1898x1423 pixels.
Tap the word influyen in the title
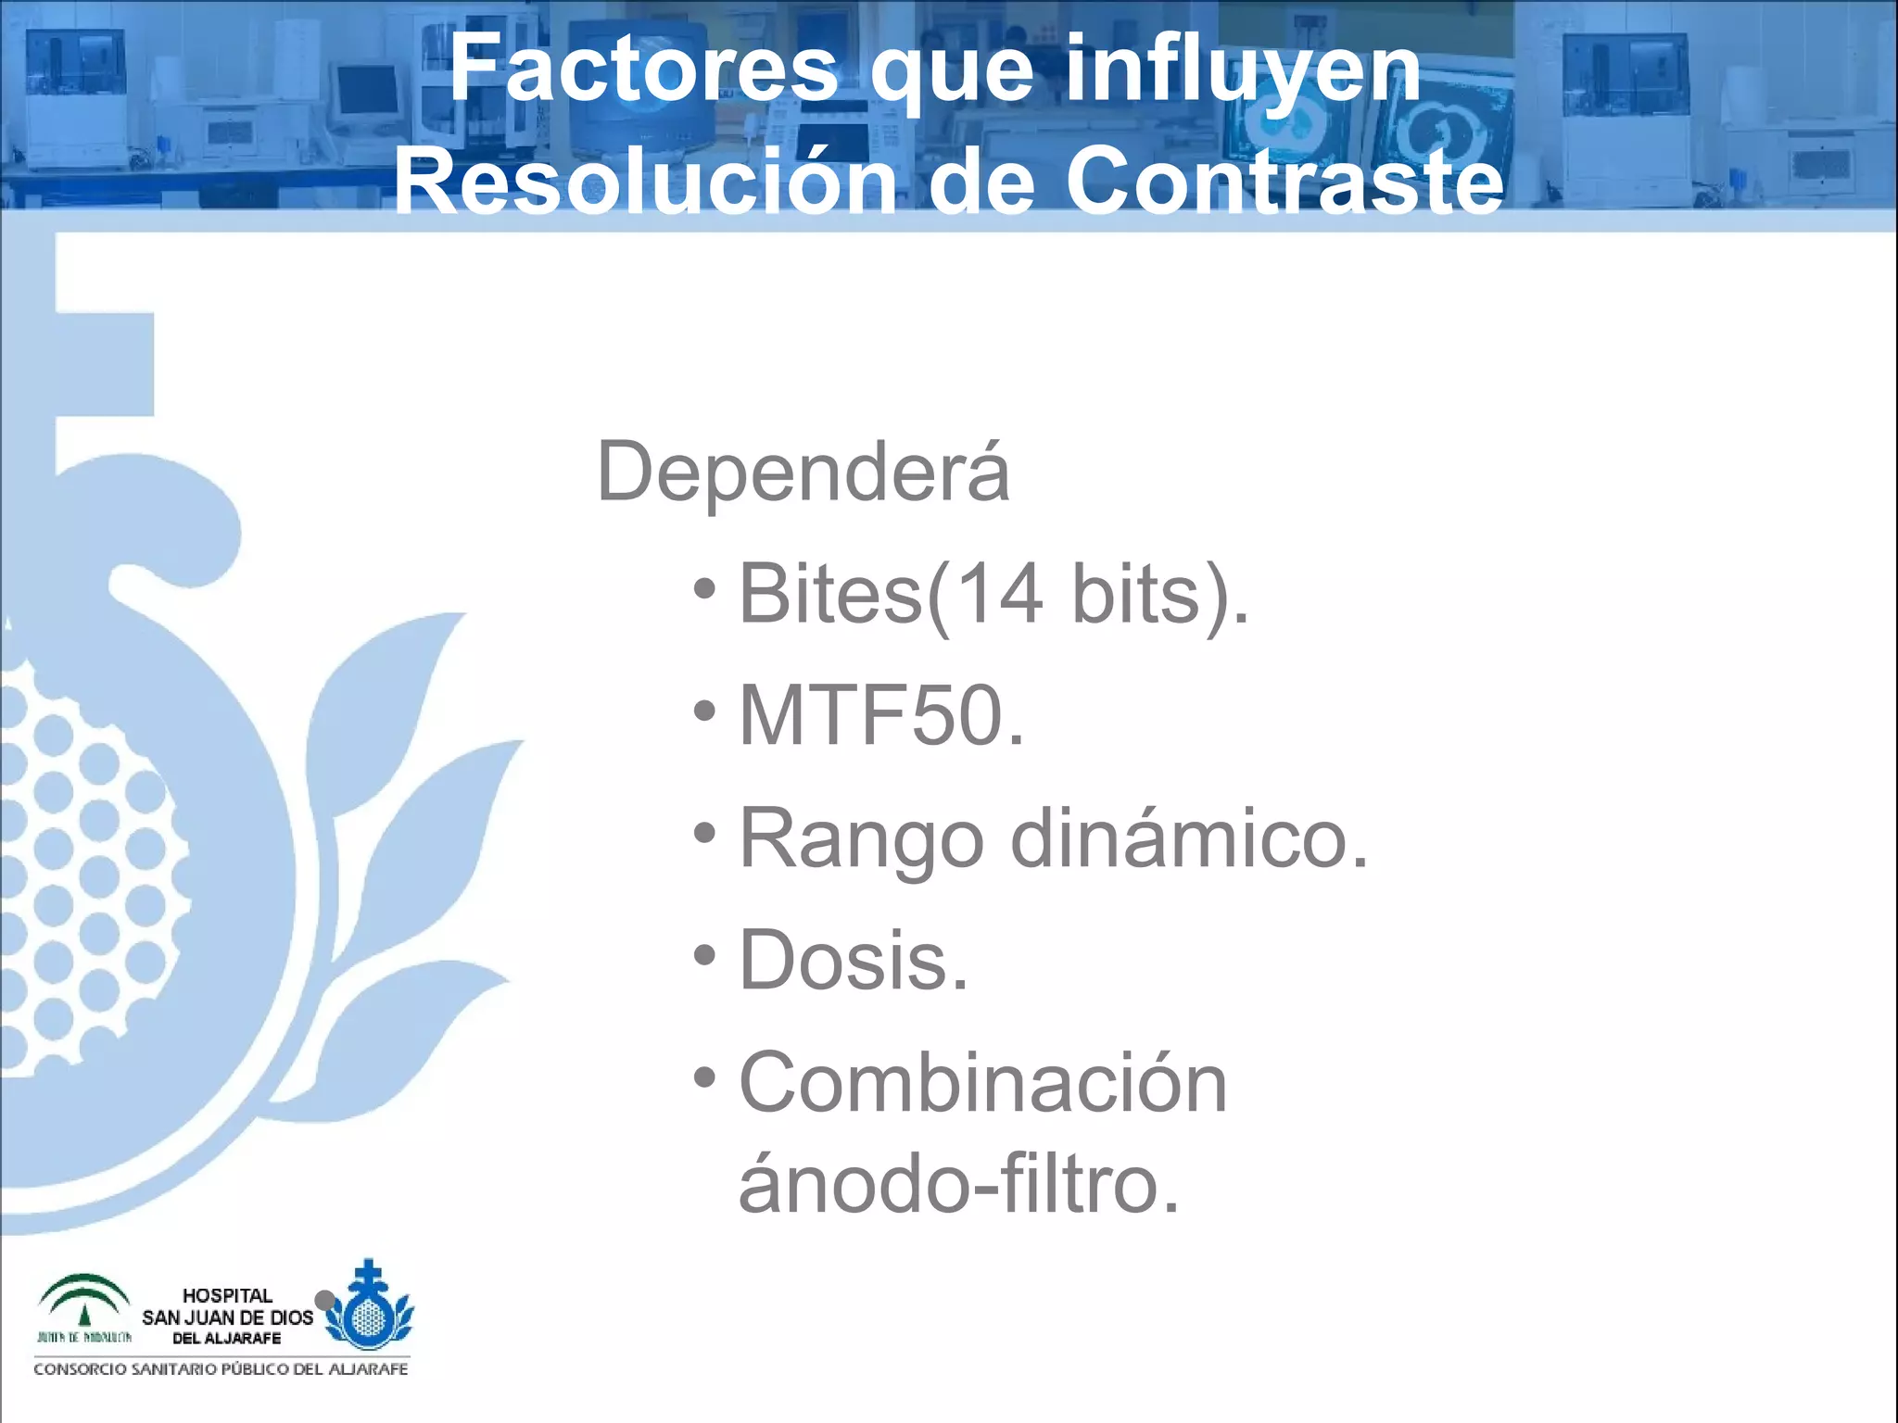[x=1242, y=70]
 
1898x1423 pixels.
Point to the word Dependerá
[x=803, y=472]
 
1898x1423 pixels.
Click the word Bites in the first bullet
[x=830, y=594]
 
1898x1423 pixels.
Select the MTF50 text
[x=881, y=715]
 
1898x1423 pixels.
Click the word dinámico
[x=1189, y=837]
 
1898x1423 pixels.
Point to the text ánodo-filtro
[x=958, y=1184]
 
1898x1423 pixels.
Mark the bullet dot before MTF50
[x=705, y=711]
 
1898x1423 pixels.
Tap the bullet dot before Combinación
[x=705, y=1077]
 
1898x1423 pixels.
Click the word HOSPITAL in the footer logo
[x=227, y=1295]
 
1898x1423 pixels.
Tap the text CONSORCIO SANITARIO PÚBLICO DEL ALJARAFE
[x=221, y=1369]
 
